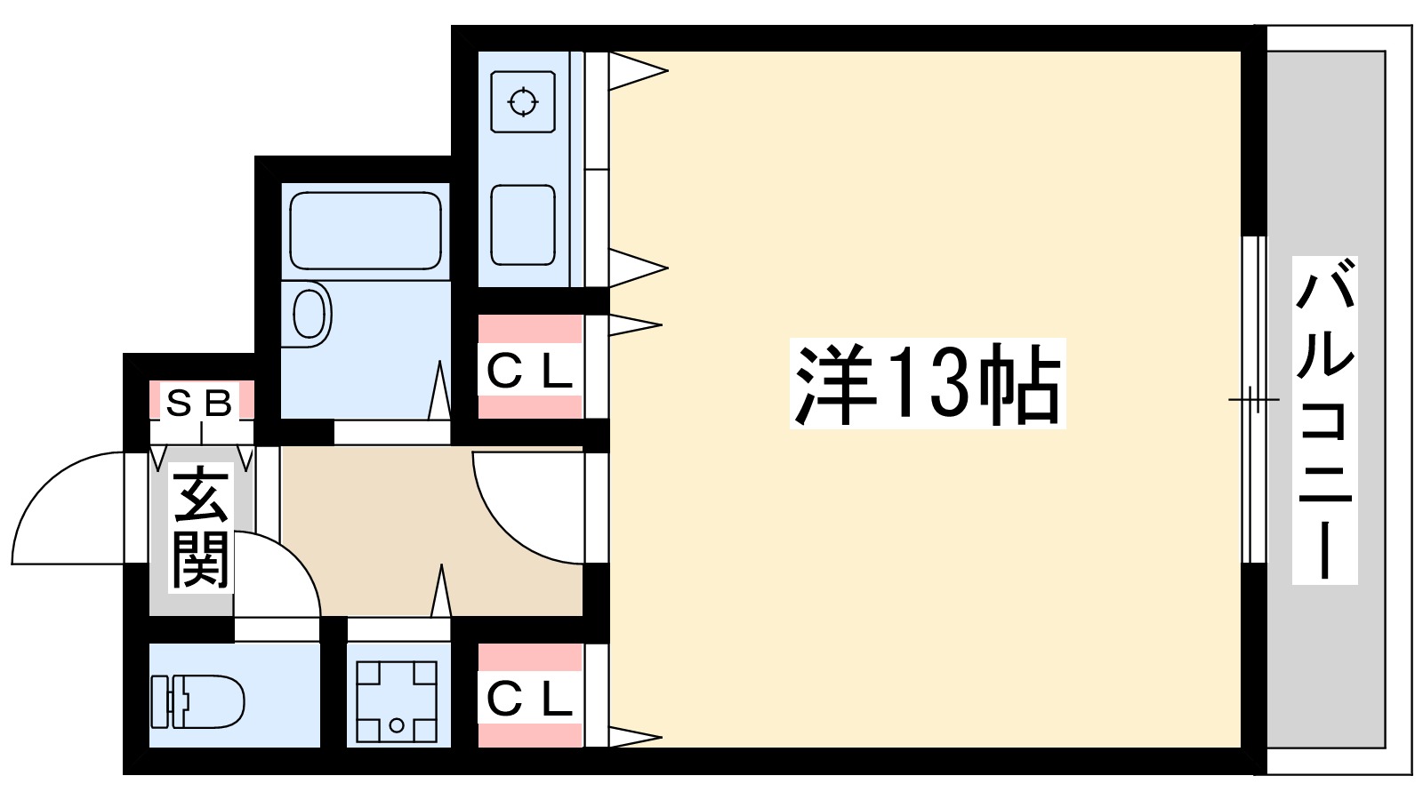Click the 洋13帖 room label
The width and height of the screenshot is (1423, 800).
point(927,384)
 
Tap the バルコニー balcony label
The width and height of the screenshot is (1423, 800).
point(1324,420)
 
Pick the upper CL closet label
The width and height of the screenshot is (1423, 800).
point(529,372)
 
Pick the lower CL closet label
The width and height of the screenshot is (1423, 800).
point(529,700)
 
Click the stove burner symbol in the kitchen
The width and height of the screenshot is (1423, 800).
point(523,102)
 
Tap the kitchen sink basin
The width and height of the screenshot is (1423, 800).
point(523,225)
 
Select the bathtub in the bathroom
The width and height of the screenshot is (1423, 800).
point(365,230)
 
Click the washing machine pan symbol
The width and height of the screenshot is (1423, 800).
point(397,701)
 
